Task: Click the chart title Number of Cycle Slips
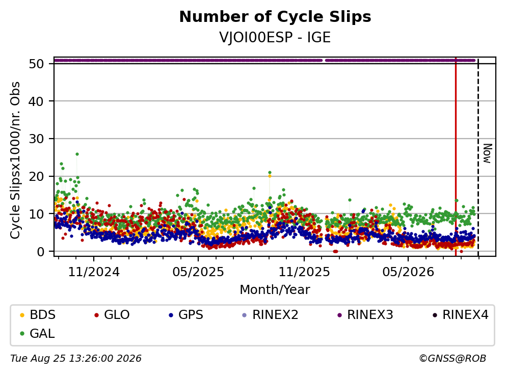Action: [275, 17]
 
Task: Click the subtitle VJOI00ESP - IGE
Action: [275, 38]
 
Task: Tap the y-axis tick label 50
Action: [36, 64]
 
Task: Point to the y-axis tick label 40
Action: [36, 101]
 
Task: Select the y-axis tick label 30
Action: [36, 139]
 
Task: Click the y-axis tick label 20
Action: [36, 176]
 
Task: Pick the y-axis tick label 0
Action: [40, 251]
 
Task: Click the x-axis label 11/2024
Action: [94, 272]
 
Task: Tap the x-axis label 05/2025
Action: [198, 272]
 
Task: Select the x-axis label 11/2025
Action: [304, 272]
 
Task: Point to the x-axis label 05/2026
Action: [408, 272]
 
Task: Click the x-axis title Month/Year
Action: [275, 290]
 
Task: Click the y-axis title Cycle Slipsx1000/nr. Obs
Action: [15, 160]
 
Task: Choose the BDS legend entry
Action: [38, 314]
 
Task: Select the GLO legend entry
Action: [112, 314]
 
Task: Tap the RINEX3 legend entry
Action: [365, 314]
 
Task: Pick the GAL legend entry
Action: [37, 334]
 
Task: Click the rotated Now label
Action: [487, 153]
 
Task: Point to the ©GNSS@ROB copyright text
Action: [452, 358]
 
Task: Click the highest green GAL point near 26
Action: [77, 154]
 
